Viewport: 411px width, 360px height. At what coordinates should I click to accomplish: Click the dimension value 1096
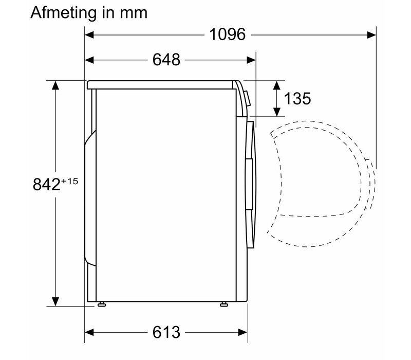[228, 34]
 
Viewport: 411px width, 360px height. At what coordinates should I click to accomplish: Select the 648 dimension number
[166, 60]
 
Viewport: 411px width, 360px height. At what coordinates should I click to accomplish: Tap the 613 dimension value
[166, 332]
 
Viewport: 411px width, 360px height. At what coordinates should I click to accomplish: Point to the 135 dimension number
[297, 99]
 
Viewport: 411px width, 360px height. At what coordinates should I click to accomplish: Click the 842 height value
[47, 184]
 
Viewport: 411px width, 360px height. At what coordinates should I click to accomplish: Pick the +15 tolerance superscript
[70, 182]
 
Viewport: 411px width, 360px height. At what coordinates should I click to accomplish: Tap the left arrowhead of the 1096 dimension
[89, 34]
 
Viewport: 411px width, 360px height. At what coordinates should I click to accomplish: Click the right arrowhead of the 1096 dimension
[371, 34]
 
